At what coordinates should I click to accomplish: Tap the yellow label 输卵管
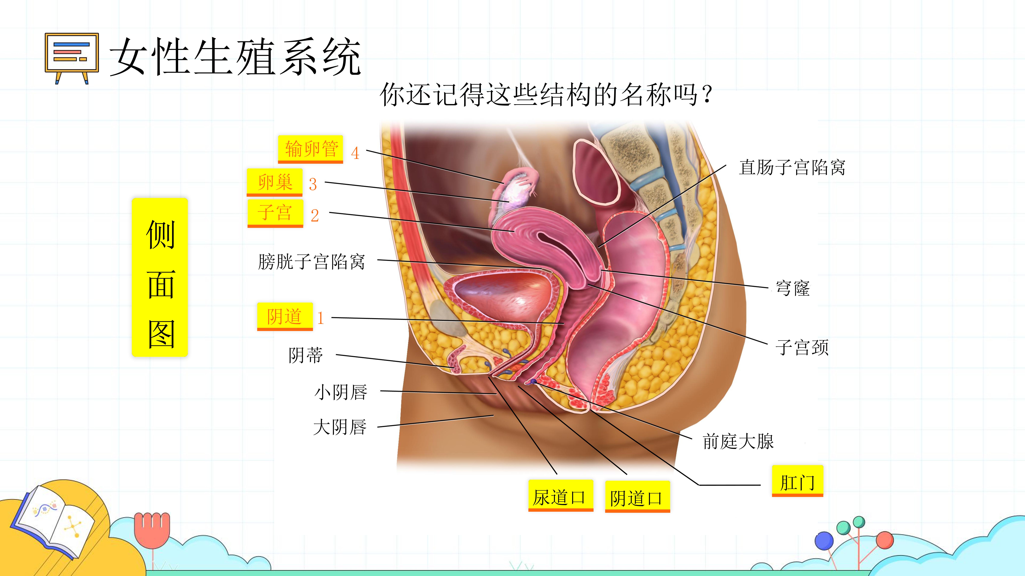click(310, 149)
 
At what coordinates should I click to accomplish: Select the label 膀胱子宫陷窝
click(312, 262)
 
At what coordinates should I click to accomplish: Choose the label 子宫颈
click(802, 347)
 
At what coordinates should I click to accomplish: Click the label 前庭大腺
click(738, 441)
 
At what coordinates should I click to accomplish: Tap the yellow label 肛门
click(797, 481)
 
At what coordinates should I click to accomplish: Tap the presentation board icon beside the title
click(72, 58)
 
